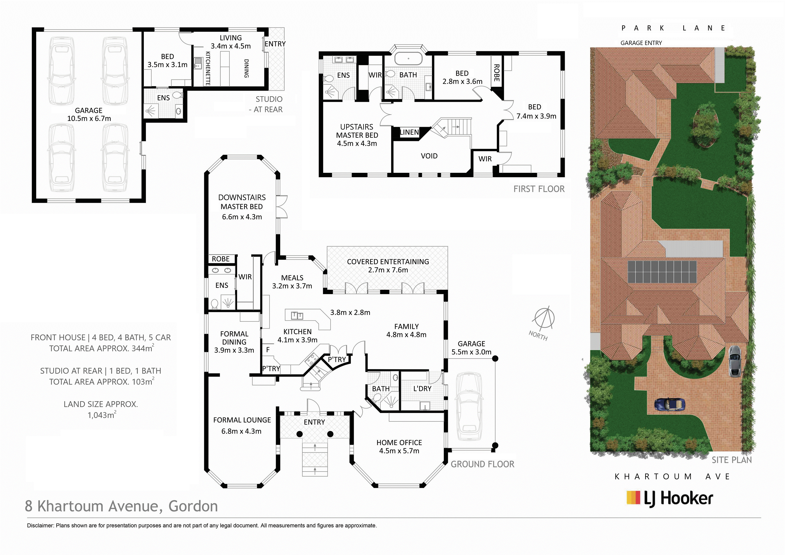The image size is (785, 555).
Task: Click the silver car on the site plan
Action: (735, 361)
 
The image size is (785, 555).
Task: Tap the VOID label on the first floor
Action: (429, 156)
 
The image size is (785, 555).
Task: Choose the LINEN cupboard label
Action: (409, 132)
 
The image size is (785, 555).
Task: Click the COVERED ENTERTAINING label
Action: (388, 261)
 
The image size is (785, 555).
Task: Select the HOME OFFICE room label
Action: (399, 442)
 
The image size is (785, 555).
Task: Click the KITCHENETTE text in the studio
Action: (207, 68)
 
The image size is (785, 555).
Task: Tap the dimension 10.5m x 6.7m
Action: (89, 119)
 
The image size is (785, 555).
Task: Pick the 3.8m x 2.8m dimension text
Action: (350, 312)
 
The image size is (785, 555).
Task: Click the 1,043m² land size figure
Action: (102, 415)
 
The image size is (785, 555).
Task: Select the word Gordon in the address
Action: (193, 506)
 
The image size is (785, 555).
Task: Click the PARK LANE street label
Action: (674, 28)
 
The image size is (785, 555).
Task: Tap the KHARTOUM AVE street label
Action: (672, 477)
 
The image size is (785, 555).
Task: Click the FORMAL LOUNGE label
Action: (242, 420)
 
